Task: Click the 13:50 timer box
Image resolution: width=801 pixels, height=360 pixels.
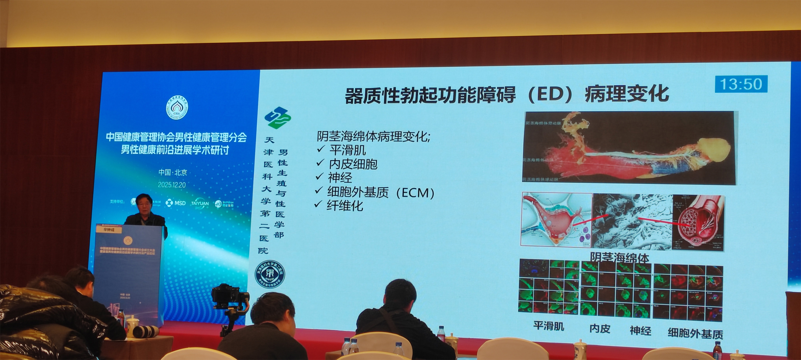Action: coord(741,84)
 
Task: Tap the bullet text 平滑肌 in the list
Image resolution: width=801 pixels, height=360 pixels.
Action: coord(348,150)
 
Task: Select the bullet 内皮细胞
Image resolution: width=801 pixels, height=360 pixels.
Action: coord(353,164)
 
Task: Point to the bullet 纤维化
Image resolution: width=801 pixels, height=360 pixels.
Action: coord(345,206)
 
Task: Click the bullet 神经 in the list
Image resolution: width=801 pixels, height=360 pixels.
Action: coord(340,178)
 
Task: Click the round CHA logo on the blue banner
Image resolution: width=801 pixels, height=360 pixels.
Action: coord(177,108)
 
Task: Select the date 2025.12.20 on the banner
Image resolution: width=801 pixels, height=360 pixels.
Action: coord(172,185)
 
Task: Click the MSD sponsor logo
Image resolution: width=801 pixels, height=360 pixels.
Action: coord(176,203)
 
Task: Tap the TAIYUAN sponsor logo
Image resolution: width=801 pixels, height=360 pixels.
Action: coord(200,203)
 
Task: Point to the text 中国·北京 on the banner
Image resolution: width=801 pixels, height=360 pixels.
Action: coord(173,173)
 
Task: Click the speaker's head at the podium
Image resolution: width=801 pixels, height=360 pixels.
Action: coord(144,203)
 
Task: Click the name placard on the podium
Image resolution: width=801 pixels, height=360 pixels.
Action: coord(109,230)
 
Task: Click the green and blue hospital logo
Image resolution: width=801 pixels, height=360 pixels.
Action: coord(277,118)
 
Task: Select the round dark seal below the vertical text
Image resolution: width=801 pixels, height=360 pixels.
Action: coord(270,274)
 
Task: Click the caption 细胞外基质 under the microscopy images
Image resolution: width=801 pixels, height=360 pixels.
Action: coord(695,334)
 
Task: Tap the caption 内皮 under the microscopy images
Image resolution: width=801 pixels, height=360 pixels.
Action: coord(600,329)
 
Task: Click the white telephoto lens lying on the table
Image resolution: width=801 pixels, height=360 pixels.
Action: coord(146,331)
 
